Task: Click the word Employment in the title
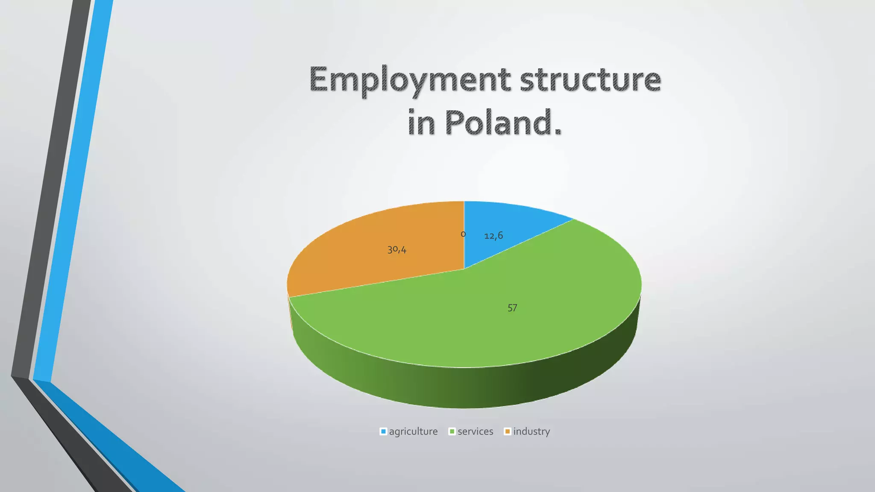409,80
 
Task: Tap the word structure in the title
590,79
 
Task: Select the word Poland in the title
503,123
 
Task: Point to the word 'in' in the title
422,123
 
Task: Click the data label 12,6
493,236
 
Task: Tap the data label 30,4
397,250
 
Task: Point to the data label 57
512,308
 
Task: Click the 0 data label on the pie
463,234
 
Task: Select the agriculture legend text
413,431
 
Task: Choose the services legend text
475,431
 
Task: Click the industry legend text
531,431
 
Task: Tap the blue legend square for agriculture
383,431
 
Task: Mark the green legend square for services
452,431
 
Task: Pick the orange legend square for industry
508,431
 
